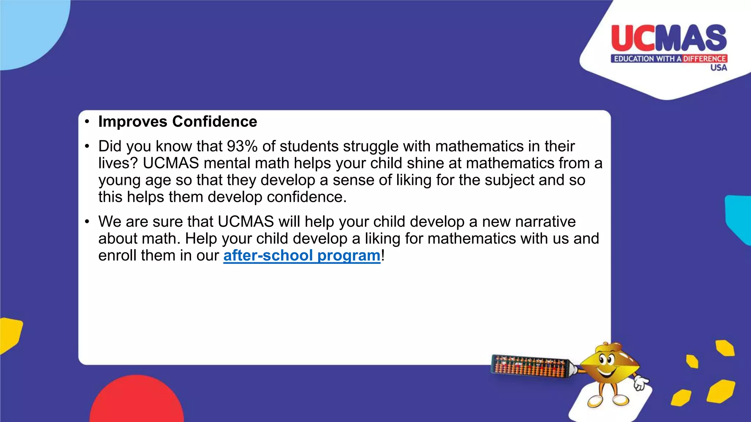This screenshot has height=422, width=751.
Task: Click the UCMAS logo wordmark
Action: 669,38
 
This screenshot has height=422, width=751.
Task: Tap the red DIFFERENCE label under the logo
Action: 704,59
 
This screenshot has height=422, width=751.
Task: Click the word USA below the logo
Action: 718,68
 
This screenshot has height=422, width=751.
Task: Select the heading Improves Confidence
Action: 177,122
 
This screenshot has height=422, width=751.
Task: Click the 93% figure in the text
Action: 242,146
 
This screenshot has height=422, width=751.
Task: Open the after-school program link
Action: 302,255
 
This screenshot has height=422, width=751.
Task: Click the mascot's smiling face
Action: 607,365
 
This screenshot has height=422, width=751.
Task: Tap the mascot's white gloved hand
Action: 640,383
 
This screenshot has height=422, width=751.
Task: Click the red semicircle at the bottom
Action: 137,401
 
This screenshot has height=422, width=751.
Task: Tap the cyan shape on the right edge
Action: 739,218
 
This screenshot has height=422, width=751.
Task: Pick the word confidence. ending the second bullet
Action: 307,197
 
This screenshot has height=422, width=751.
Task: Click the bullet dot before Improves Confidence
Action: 87,122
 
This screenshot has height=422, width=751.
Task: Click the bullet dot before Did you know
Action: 87,147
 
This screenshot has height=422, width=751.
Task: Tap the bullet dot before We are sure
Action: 87,222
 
